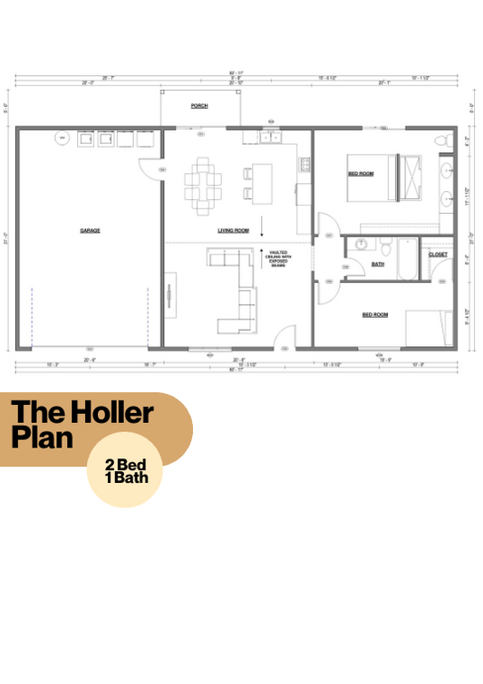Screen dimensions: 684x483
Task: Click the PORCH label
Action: pos(198,106)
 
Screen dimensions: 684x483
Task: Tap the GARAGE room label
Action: pos(89,230)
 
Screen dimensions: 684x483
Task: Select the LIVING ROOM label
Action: pos(233,230)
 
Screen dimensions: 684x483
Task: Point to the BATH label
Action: pos(378,265)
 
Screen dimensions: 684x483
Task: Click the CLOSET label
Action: pos(438,255)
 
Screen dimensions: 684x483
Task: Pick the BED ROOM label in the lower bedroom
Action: pos(375,314)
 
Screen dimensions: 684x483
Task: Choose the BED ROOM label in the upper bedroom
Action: pos(361,172)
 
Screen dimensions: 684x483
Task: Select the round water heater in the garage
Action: pos(63,139)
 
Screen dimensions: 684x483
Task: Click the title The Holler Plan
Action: pos(82,427)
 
